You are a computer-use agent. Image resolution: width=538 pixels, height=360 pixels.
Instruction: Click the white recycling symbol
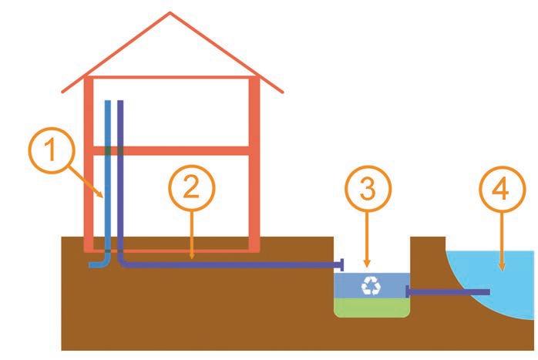[372, 286]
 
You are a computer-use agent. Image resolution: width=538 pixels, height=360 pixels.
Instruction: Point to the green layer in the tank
[371, 308]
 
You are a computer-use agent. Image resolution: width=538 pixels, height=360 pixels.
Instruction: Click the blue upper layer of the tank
[351, 285]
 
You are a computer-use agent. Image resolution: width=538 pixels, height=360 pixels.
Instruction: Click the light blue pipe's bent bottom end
[96, 264]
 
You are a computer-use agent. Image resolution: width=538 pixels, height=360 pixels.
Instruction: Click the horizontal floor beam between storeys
[177, 150]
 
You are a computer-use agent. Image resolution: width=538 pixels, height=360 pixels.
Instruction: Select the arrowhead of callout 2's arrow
[192, 256]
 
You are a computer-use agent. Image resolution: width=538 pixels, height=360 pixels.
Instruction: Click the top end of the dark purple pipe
[119, 102]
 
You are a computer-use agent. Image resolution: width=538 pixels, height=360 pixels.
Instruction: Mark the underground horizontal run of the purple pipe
[231, 265]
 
